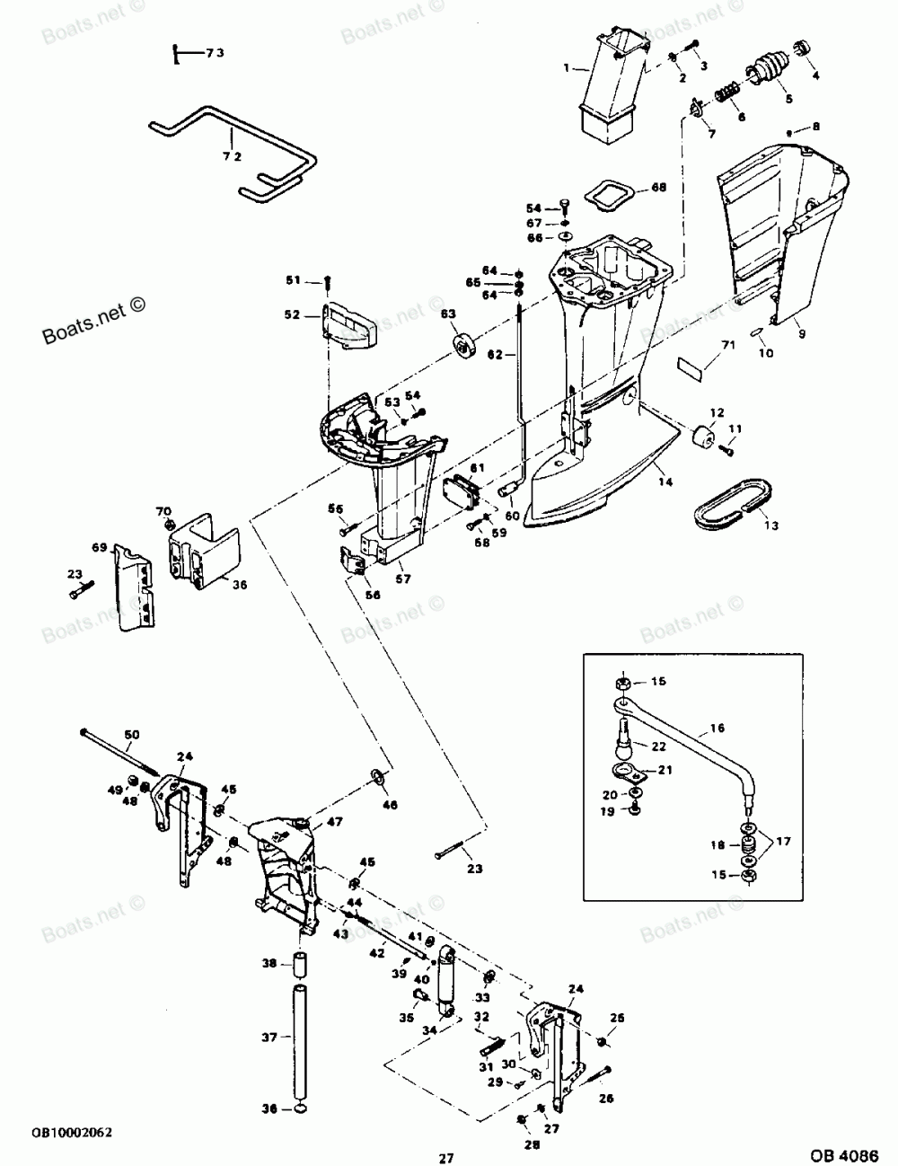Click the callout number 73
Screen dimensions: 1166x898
coord(214,54)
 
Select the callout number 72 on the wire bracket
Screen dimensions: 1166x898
coord(207,156)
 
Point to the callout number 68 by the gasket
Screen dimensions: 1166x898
coord(658,187)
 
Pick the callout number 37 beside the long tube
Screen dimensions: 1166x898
coord(269,1037)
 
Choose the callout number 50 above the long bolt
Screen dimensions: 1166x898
coord(132,736)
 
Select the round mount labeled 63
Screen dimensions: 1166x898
coord(465,346)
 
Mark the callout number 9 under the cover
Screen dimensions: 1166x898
coord(802,333)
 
